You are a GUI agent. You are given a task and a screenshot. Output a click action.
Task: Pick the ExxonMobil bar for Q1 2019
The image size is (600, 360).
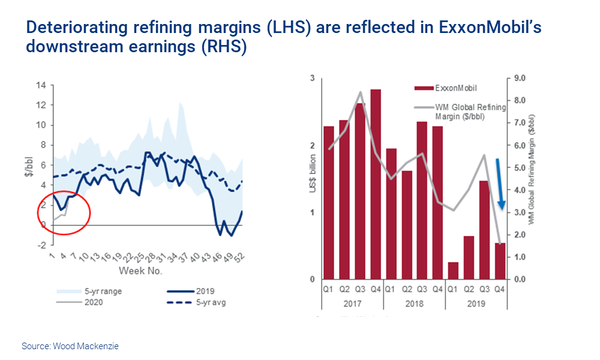click(454, 271)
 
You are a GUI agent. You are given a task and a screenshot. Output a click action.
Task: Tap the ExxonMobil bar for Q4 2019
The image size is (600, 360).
click(500, 261)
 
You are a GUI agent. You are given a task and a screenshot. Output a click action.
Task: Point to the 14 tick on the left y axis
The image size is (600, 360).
click(41, 85)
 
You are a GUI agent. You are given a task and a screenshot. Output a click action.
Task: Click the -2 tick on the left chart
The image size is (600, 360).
click(41, 245)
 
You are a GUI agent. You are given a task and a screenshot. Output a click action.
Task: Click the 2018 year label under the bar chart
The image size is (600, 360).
click(415, 303)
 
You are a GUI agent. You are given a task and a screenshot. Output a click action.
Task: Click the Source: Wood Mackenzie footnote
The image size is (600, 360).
click(70, 346)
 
